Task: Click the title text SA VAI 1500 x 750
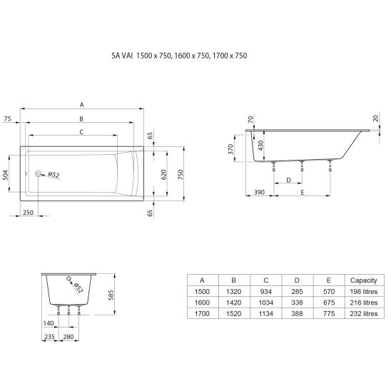pos(141,56)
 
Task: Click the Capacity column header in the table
pos(363,280)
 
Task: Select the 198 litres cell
pos(364,291)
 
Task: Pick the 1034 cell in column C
pos(266,303)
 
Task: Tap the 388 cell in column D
pos(297,313)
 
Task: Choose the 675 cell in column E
pos(329,303)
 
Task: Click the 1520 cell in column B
pos(233,313)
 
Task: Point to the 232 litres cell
pos(364,313)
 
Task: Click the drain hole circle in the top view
pos(38,173)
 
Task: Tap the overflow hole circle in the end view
pos(68,278)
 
